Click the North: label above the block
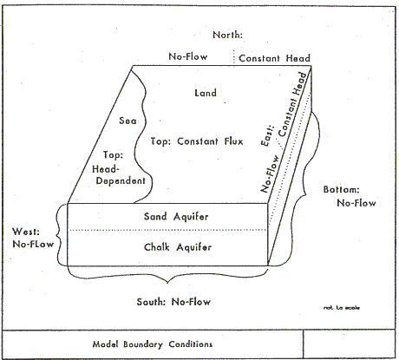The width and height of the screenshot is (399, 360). (227, 35)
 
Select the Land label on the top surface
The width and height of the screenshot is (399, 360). (206, 93)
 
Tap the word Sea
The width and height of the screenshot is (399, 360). (128, 121)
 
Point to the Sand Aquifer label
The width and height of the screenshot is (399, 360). (176, 217)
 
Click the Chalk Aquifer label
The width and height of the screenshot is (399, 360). (178, 247)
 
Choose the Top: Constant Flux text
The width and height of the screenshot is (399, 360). (197, 141)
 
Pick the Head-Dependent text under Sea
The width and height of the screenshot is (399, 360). (120, 175)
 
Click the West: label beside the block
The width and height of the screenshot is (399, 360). (26, 232)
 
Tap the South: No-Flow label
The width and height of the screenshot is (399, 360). (173, 302)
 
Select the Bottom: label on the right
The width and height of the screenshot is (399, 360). (341, 190)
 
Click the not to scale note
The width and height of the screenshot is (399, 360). (342, 308)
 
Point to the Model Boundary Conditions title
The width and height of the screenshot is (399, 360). (153, 344)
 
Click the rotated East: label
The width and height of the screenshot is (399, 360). (267, 135)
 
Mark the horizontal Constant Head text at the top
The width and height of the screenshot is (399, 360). (274, 58)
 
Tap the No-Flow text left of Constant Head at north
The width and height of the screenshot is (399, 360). (188, 56)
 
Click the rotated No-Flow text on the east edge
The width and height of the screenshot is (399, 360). (270, 173)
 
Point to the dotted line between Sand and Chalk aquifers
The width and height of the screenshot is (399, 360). (167, 230)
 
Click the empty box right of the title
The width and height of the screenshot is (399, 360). (350, 344)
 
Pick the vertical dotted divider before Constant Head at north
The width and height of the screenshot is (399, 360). (234, 57)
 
